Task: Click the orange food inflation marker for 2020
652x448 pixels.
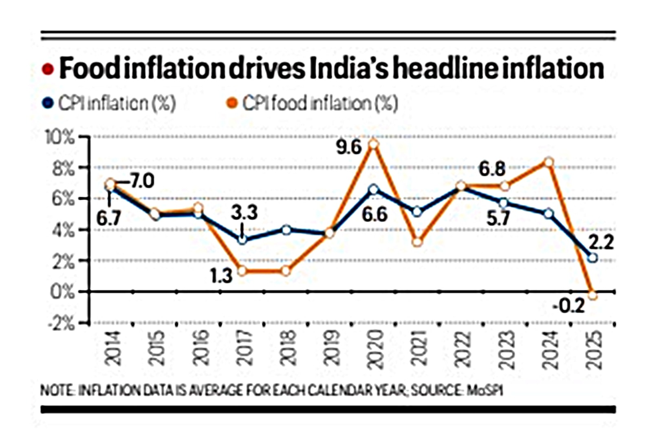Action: coord(374,144)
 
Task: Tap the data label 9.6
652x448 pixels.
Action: coord(349,147)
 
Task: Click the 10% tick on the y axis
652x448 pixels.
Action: coord(61,138)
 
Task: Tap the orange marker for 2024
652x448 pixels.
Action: coord(548,162)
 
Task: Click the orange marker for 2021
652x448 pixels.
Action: coord(417,242)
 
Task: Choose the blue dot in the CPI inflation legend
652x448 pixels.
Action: coord(48,104)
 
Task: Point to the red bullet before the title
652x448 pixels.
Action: coord(48,70)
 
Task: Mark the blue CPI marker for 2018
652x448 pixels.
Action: coord(286,230)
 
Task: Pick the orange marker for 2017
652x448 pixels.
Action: coord(242,271)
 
